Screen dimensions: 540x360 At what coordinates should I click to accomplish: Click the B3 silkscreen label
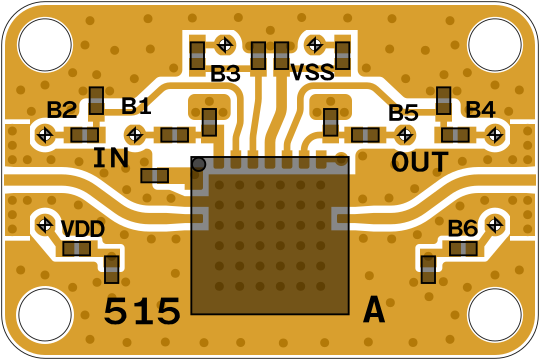click(225, 73)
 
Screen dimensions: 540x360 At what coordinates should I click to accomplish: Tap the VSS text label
click(312, 72)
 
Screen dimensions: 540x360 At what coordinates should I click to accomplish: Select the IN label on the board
click(111, 158)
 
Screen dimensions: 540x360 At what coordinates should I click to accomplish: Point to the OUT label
click(420, 162)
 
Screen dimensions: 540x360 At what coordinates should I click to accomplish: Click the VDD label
click(83, 229)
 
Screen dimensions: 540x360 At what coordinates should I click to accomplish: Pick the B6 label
click(463, 228)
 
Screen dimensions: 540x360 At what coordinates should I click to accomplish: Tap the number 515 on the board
click(142, 311)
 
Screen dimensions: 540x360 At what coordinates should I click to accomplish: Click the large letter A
click(374, 310)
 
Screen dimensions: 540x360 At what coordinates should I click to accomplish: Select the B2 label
click(62, 110)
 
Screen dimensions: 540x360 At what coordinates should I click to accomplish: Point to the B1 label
click(136, 106)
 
